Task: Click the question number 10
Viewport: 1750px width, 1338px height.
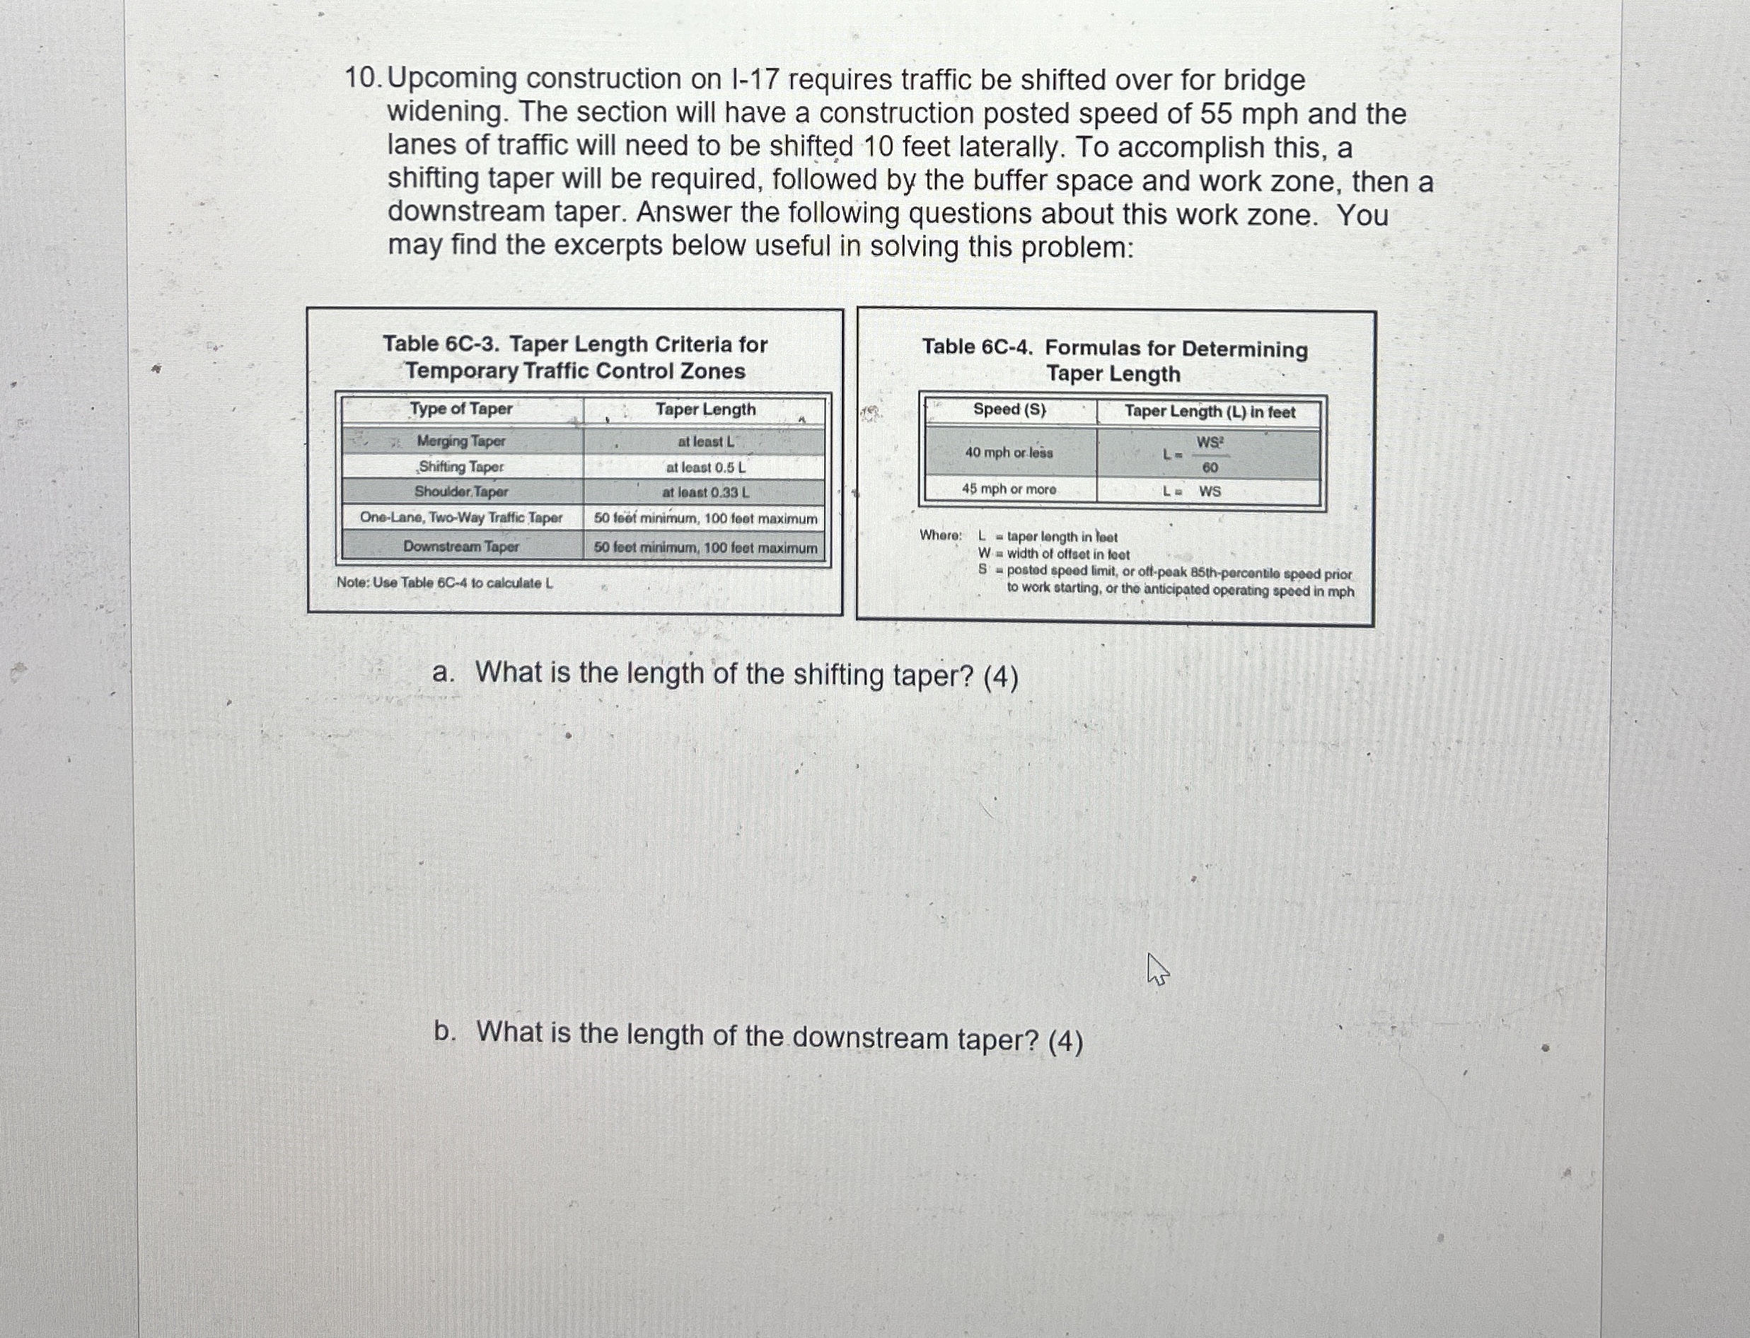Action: (362, 78)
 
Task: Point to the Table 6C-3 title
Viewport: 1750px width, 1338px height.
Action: (574, 357)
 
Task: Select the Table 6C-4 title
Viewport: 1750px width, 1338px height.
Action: (1114, 361)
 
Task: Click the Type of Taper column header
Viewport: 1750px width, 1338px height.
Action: (461, 409)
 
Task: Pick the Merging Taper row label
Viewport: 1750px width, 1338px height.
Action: (461, 441)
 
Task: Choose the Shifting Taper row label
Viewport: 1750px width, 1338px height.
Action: (461, 467)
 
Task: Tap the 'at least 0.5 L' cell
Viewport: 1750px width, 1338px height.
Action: (705, 467)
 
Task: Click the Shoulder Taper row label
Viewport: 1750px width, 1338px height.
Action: (461, 491)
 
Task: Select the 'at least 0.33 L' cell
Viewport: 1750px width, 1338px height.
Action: (705, 492)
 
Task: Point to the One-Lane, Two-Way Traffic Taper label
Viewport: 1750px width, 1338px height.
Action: (461, 518)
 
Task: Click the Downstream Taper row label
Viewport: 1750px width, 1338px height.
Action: (461, 547)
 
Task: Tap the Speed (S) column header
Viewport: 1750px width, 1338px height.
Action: (1009, 409)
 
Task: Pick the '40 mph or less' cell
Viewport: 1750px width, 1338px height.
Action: (1009, 453)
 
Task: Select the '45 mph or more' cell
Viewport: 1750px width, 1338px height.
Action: (1009, 489)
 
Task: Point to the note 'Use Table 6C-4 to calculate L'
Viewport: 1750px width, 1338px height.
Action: (444, 583)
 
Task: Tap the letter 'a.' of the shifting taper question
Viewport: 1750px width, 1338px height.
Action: (444, 674)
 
